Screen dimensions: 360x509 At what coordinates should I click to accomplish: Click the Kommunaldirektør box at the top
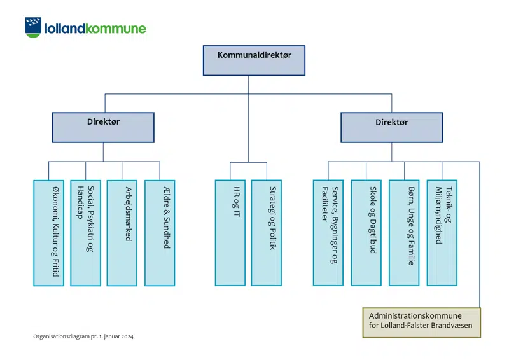pos(254,60)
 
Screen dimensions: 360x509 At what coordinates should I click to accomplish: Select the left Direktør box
pos(103,127)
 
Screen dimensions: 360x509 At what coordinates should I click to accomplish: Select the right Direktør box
pos(391,127)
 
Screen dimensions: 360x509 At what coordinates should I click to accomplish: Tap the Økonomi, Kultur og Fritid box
pos(48,233)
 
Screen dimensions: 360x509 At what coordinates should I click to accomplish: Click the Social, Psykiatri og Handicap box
pos(85,233)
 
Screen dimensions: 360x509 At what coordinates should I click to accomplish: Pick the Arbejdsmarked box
pos(122,233)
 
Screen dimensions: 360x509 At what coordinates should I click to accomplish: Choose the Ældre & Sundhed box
pos(160,233)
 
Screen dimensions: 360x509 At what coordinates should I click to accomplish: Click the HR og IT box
pos(230,233)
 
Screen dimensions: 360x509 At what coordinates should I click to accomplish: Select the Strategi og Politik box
pos(266,233)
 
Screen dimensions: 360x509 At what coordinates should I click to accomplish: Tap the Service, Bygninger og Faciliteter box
pos(328,233)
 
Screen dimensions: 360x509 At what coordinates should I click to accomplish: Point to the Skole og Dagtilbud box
pos(366,233)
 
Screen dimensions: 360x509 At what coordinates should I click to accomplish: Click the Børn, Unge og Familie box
pos(404,233)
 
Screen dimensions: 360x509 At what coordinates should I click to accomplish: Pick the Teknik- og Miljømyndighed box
pos(442,233)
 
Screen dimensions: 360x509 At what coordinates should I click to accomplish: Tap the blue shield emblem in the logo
pos(34,27)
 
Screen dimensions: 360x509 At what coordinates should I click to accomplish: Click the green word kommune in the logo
pos(115,28)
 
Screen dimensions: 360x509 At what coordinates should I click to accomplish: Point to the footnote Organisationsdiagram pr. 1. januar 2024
pos(83,336)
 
